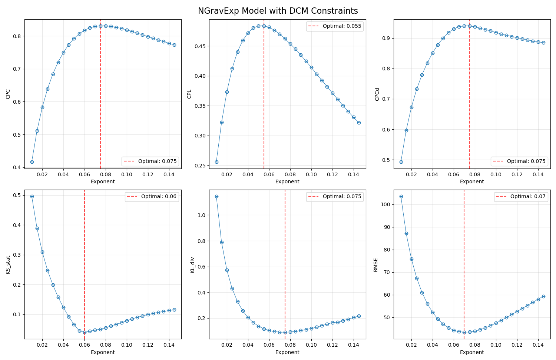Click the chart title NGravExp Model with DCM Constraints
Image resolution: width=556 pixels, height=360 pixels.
(278, 11)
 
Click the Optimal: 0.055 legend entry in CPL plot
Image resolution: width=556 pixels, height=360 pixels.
(335, 26)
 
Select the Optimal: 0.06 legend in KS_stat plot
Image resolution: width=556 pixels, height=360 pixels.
(152, 196)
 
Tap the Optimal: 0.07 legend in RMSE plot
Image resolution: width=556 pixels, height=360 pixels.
(520, 196)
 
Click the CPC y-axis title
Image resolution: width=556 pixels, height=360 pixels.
(8, 94)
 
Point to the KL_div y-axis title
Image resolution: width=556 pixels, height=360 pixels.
(192, 265)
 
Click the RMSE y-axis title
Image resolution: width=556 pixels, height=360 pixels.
(375, 265)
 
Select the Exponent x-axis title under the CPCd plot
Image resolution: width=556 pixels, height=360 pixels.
(471, 181)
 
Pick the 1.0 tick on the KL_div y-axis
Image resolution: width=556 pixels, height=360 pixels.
(203, 215)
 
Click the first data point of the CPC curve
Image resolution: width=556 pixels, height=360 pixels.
(32, 162)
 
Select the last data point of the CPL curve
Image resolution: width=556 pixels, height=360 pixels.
(359, 123)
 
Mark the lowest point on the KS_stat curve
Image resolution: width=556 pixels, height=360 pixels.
(85, 332)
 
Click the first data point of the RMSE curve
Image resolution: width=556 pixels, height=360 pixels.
(401, 196)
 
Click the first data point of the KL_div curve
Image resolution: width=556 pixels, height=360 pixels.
(216, 196)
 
